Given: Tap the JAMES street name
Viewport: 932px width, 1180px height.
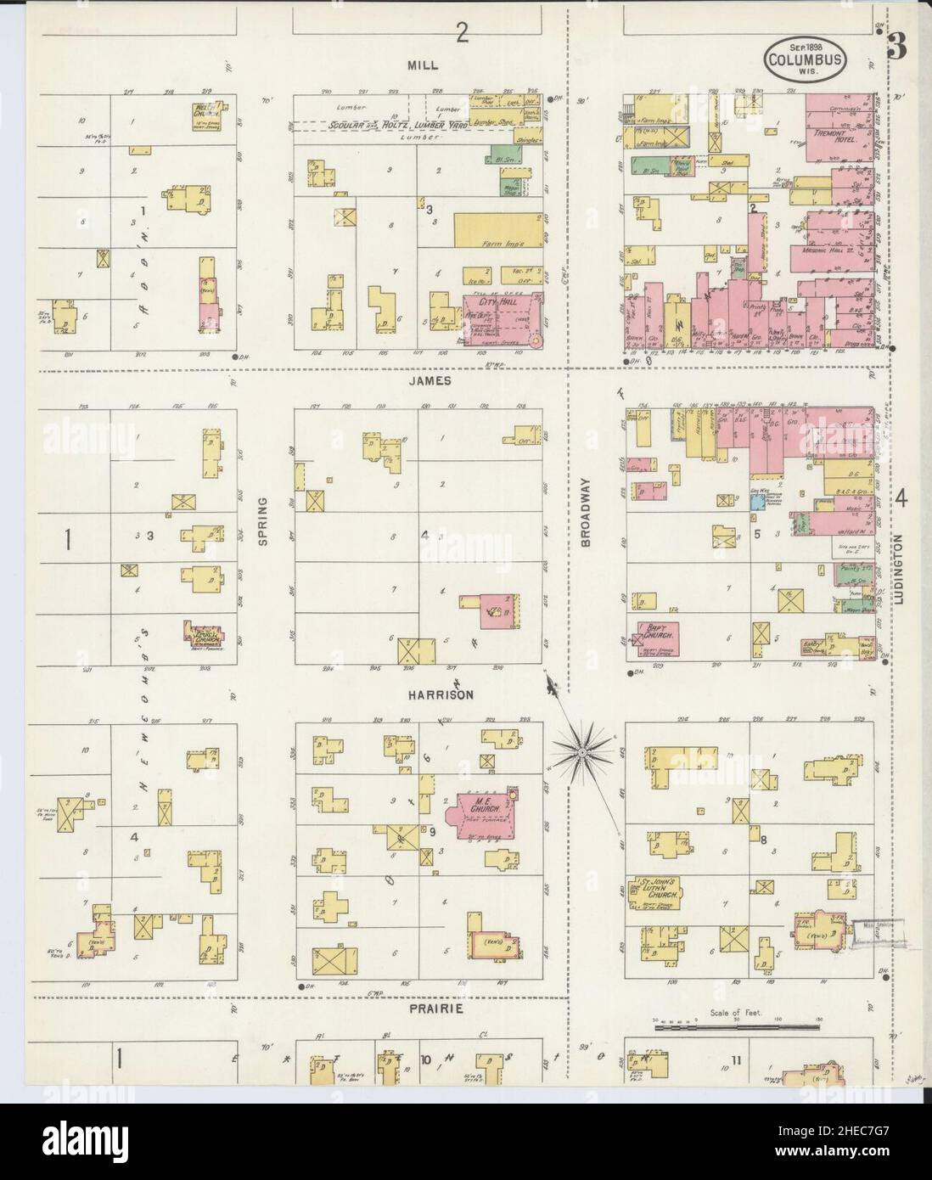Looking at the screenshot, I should [428, 381].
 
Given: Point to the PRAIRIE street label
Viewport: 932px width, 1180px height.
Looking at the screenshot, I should [435, 1009].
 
